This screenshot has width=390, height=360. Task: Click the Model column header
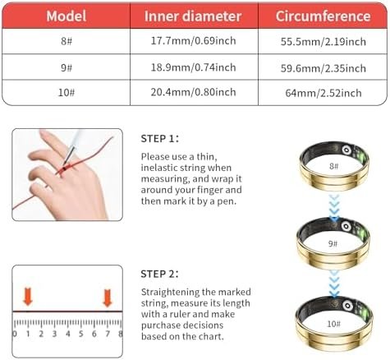[x=69, y=16]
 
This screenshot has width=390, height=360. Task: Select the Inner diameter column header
[x=195, y=16]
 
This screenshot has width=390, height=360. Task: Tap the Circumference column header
[x=322, y=16]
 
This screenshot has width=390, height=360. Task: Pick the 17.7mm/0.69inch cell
[x=195, y=41]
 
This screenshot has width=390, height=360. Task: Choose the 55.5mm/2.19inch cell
[x=322, y=41]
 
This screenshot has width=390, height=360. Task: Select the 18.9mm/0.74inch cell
[x=195, y=67]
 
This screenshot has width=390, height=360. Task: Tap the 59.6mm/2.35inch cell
[x=322, y=67]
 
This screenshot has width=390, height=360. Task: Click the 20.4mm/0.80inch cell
[x=195, y=91]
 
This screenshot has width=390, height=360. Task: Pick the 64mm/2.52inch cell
[x=322, y=91]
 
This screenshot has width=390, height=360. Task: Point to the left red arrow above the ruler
[x=28, y=296]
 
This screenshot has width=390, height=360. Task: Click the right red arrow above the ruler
[x=107, y=296]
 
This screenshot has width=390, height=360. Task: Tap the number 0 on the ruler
[x=15, y=334]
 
